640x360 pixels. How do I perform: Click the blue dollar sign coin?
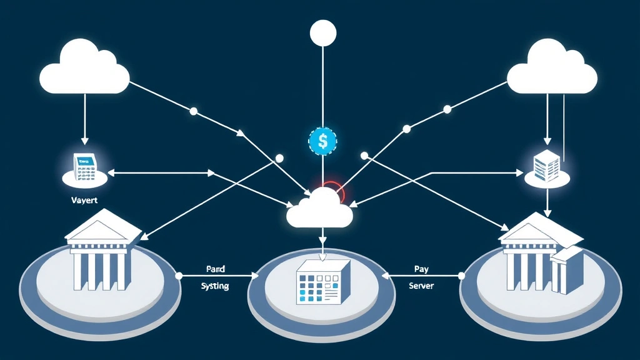(322, 141)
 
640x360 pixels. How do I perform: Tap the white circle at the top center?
(323, 32)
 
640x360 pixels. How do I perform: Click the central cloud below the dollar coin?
(320, 209)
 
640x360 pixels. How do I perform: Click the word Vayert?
(84, 201)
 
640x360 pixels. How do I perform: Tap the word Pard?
(215, 269)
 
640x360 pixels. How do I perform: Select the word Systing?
(215, 286)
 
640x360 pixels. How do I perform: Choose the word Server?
(421, 286)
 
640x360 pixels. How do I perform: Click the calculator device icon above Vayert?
(84, 167)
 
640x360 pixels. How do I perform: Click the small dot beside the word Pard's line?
(179, 275)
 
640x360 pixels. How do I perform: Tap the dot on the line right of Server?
(462, 275)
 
